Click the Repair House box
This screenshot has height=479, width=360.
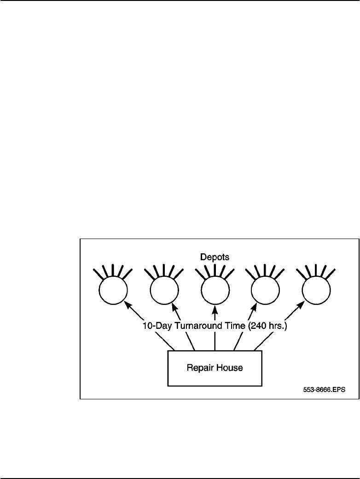tap(215, 368)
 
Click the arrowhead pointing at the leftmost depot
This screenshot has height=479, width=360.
tap(127, 304)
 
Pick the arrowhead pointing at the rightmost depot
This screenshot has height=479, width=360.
tap(302, 304)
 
